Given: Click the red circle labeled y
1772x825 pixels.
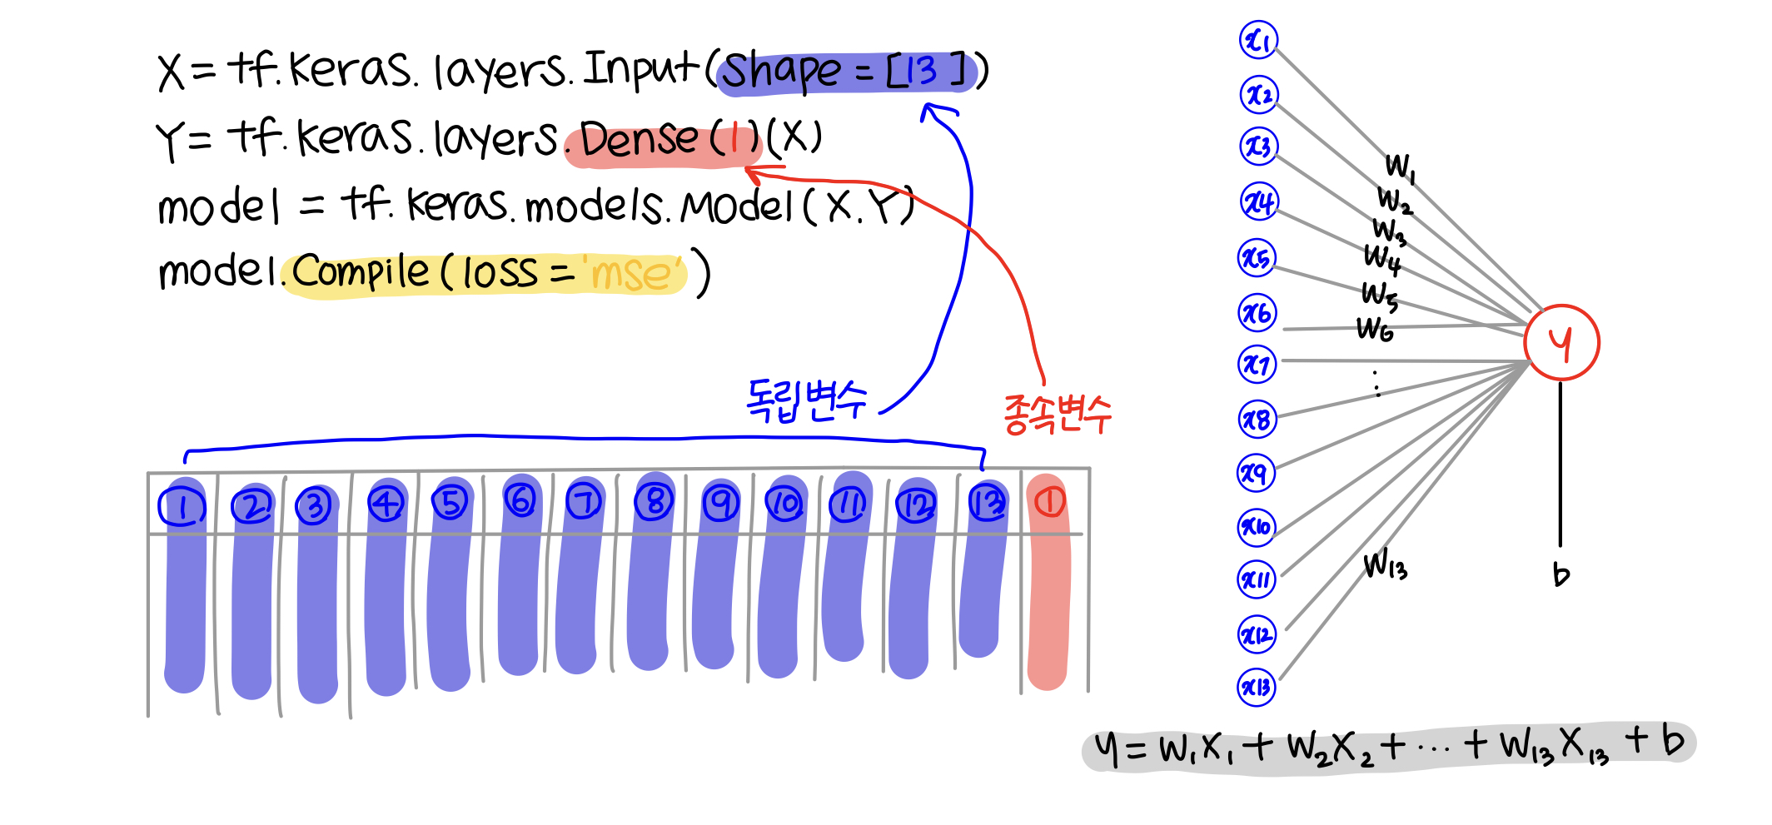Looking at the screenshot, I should [x=1561, y=343].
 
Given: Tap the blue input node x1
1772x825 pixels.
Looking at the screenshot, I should [x=1258, y=40].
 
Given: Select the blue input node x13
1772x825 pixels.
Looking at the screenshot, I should [x=1257, y=688].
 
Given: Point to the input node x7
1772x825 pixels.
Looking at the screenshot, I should [x=1257, y=365].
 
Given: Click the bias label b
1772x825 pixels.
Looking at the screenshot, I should [x=1561, y=574].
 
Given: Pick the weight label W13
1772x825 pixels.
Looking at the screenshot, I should [x=1385, y=565].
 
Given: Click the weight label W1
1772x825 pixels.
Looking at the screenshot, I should [x=1400, y=166].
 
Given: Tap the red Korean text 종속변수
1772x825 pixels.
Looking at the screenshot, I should [x=1057, y=414].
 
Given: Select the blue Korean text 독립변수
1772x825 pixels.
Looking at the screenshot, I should [x=805, y=400].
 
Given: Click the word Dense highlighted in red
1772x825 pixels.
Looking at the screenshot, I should [x=639, y=138].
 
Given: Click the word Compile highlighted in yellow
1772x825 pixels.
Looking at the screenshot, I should [x=361, y=271].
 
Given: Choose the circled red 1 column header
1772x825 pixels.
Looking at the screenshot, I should [x=1049, y=501].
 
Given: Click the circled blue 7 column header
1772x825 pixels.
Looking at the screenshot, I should [x=584, y=502].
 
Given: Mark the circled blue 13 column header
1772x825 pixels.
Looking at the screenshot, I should [x=988, y=503].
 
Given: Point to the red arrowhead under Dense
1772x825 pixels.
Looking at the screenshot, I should [x=753, y=173].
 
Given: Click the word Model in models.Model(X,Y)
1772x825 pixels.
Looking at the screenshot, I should [x=736, y=206].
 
